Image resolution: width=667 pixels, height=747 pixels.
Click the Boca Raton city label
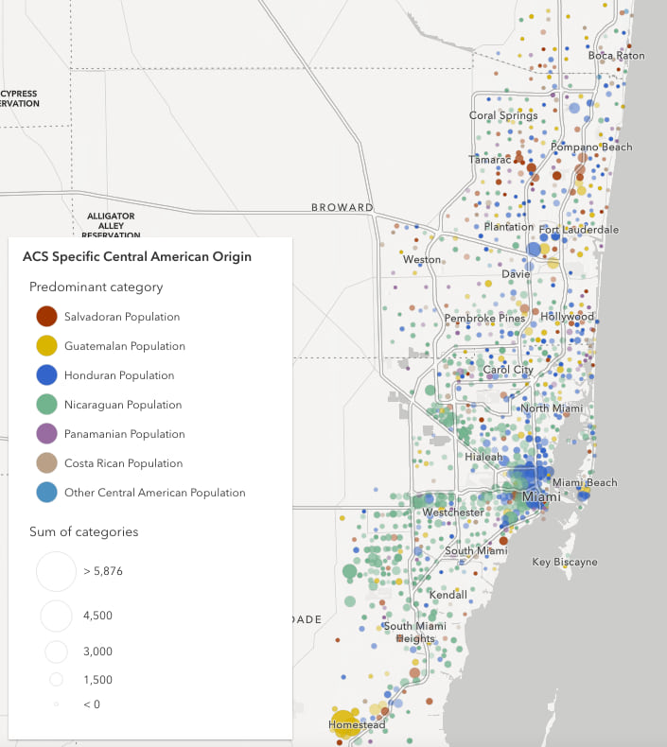click(x=616, y=56)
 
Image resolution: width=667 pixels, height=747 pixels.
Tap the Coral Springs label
click(x=503, y=116)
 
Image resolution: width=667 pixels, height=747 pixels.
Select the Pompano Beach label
click(x=591, y=148)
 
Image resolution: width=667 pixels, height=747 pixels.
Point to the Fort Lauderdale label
click(x=579, y=230)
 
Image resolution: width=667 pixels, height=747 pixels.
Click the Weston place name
click(x=422, y=260)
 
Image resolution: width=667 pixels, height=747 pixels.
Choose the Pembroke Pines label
click(x=484, y=319)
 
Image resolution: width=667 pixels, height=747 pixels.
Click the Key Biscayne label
click(x=565, y=563)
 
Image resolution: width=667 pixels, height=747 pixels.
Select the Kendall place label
click(x=448, y=596)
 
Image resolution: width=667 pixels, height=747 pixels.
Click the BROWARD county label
click(x=342, y=208)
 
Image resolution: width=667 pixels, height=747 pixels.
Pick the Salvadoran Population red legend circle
click(x=45, y=317)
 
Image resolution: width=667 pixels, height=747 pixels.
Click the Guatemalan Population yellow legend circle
click(x=45, y=346)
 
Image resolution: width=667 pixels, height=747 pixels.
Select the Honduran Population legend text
click(x=119, y=375)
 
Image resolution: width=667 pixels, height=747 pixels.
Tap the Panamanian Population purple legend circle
click(x=45, y=434)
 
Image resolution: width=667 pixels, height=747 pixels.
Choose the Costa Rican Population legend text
click(x=123, y=463)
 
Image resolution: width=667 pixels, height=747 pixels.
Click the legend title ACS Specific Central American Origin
click(x=137, y=257)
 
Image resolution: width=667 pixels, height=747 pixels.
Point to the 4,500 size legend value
click(x=97, y=616)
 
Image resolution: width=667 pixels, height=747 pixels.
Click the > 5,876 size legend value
click(x=103, y=571)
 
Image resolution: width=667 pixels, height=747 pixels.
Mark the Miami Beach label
click(x=585, y=483)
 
